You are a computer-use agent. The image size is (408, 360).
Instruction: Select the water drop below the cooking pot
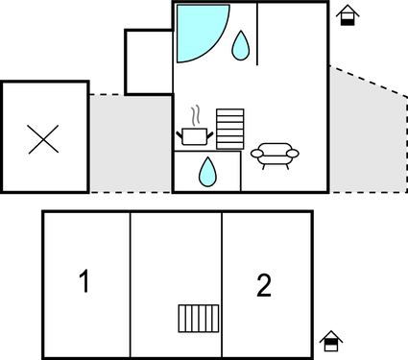pyautogui.click(x=206, y=171)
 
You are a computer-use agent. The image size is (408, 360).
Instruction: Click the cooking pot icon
pyautogui.click(x=196, y=135)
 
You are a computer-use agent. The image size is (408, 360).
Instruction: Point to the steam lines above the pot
pyautogui.click(x=197, y=115)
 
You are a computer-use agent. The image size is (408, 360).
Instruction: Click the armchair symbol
pyautogui.click(x=275, y=155)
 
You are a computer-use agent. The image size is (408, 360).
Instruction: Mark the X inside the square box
pyautogui.click(x=44, y=140)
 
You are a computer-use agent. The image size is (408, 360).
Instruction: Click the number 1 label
pyautogui.click(x=84, y=282)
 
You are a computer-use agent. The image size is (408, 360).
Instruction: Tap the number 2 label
pyautogui.click(x=264, y=284)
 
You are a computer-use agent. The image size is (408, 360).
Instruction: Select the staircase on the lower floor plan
pyautogui.click(x=200, y=318)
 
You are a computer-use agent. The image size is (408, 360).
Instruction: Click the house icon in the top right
pyautogui.click(x=348, y=15)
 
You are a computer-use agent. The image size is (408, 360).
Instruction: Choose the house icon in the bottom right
pyautogui.click(x=331, y=341)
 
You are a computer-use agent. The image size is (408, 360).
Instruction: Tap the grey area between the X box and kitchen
pyautogui.click(x=130, y=144)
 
